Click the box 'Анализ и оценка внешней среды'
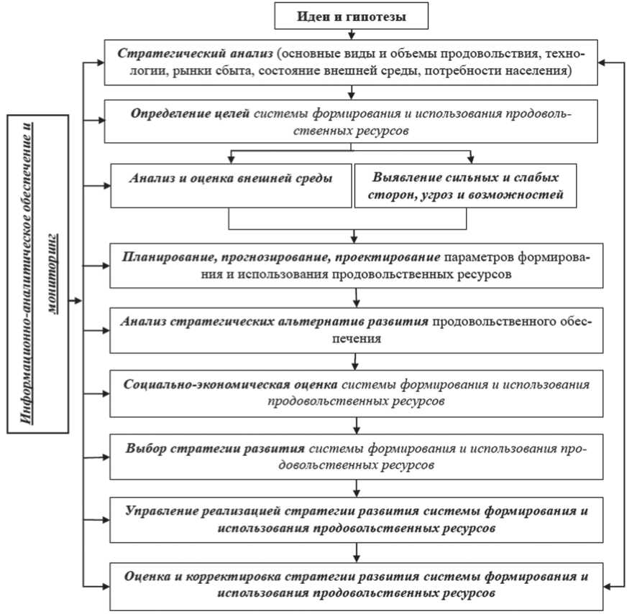click(230, 185)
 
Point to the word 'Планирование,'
click(167, 257)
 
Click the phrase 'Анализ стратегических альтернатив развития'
click(276, 322)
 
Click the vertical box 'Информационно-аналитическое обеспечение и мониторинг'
click(38, 274)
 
